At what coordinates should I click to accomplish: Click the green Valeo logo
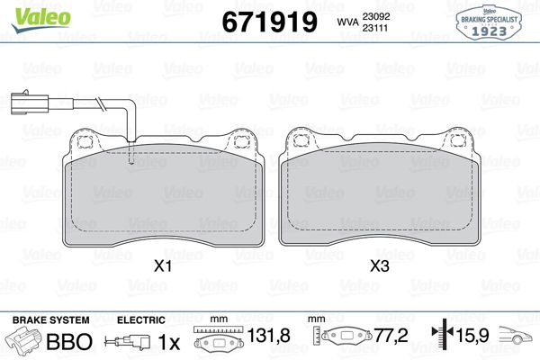point(41,20)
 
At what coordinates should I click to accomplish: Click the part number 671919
point(269,22)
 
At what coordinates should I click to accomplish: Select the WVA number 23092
point(375,16)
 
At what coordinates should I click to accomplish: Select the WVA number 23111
point(375,28)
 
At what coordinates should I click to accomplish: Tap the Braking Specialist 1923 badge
point(489,23)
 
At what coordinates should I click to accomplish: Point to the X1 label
point(163,266)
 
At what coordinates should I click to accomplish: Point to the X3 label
point(380,266)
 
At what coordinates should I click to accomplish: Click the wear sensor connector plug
point(30,102)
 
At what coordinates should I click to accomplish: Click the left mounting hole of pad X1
point(84,141)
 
